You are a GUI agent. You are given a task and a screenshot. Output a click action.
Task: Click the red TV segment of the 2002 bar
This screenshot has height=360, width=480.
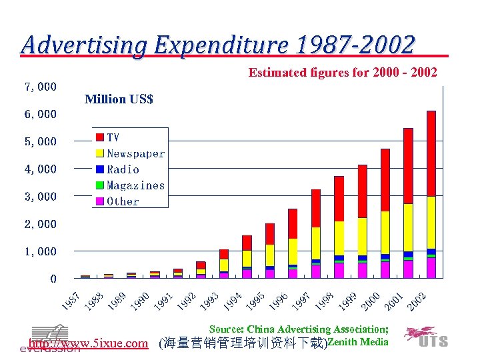tap(431, 153)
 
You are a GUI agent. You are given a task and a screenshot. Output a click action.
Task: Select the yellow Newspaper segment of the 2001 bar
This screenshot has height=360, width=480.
tap(408, 227)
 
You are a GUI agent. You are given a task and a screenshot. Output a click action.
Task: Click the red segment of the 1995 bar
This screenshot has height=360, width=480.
tap(270, 233)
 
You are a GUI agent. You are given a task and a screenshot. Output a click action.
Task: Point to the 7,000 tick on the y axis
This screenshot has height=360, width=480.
tap(41, 87)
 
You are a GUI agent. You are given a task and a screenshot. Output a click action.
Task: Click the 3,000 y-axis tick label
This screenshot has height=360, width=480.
tap(41, 197)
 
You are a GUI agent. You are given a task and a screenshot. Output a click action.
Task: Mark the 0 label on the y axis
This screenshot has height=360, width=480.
tap(53, 279)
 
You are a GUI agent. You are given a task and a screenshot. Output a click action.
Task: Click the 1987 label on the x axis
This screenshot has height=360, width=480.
tap(72, 301)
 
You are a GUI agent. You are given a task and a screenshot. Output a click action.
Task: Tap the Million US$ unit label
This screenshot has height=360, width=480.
tap(119, 99)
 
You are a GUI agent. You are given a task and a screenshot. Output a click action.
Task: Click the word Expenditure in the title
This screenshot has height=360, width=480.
tap(219, 45)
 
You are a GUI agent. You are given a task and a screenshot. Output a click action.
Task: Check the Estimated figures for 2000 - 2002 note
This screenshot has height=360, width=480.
tap(343, 72)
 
